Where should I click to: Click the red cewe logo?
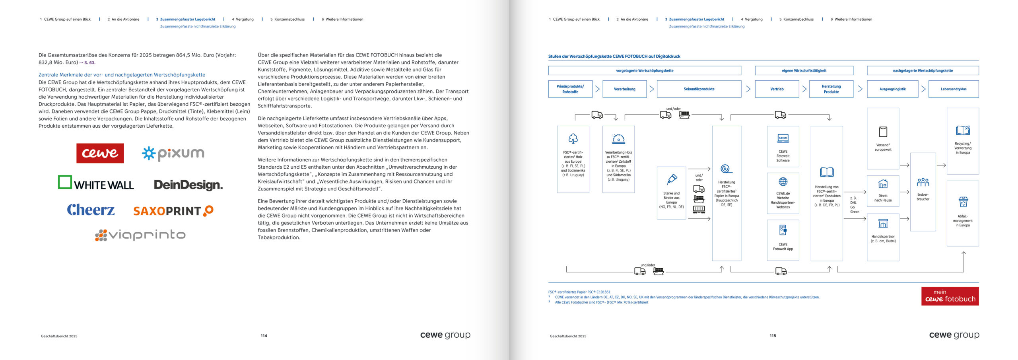100,153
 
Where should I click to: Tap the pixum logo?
173,154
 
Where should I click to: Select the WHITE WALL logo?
96,183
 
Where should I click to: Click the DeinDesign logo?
188,185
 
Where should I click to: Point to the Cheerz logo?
91,210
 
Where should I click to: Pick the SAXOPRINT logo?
173,211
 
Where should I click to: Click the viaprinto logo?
140,235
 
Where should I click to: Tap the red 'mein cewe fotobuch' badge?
950,296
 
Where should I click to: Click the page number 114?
264,336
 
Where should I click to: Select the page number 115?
773,336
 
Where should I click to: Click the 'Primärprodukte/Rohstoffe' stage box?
570,89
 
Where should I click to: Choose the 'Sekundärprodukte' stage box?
699,89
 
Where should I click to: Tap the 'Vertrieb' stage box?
777,89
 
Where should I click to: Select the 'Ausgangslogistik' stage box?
892,89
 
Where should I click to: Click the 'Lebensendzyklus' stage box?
953,89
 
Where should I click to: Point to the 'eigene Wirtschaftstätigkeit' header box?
804,71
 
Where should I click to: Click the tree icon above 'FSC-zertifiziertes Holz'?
573,138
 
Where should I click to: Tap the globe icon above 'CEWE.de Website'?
783,182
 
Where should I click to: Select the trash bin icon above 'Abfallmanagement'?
963,202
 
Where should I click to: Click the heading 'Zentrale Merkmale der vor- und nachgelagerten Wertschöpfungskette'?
122,75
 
